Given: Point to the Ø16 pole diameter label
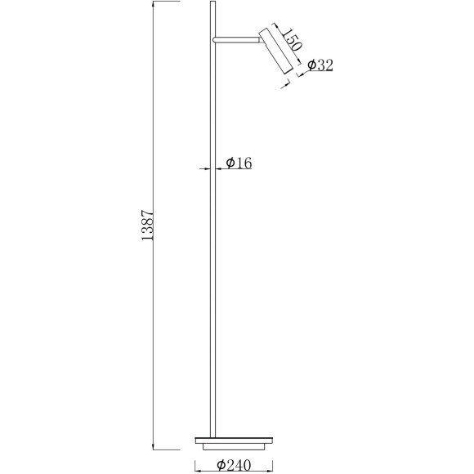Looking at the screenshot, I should tap(238, 163).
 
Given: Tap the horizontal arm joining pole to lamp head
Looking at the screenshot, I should tap(235, 38).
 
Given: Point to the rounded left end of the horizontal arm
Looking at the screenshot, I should tap(213, 38).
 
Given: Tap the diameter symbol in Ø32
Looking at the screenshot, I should tap(312, 66).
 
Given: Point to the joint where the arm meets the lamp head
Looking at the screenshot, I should tap(259, 37).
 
